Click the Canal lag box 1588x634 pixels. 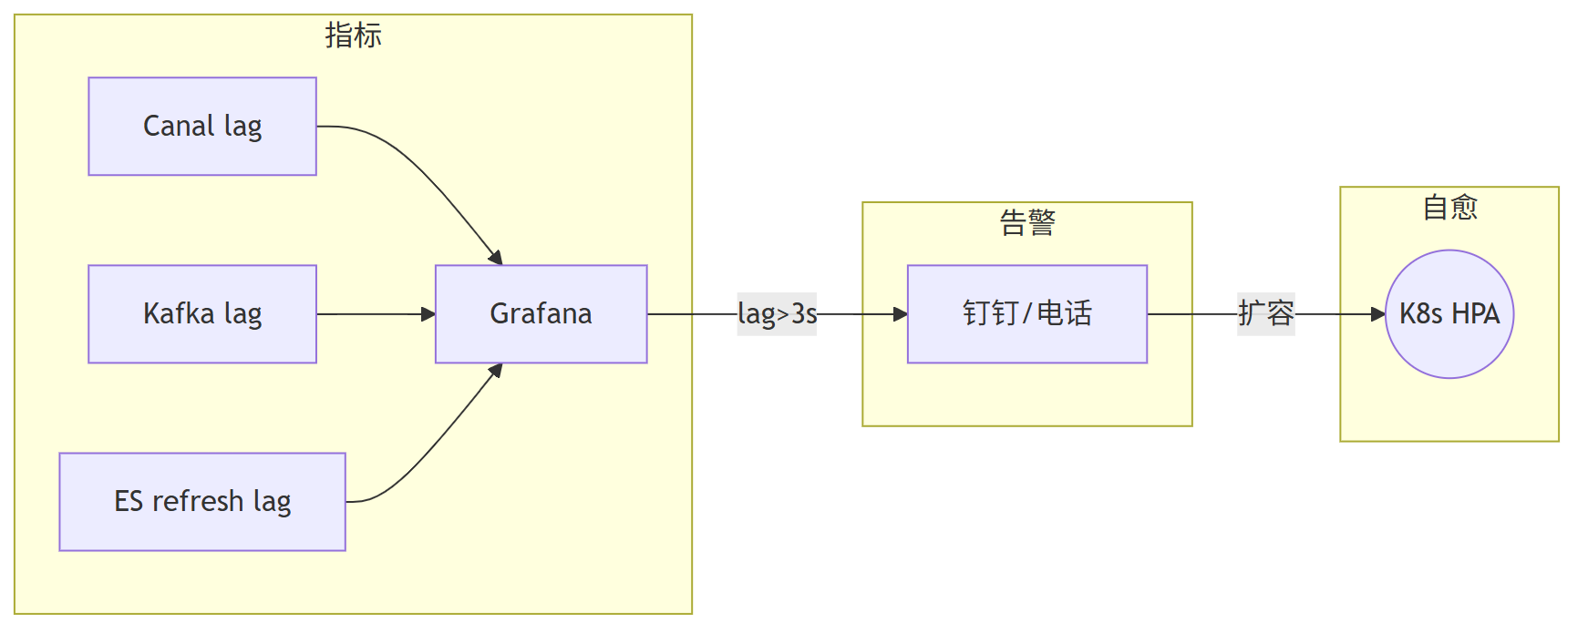click(x=202, y=127)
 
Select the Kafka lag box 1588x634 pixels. click(x=202, y=314)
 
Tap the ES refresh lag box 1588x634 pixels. click(x=202, y=502)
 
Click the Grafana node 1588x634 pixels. click(x=541, y=314)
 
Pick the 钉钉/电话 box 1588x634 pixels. click(x=1026, y=314)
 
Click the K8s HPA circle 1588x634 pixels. click(x=1449, y=314)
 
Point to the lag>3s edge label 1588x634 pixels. click(x=777, y=314)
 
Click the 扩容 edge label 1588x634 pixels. click(x=1265, y=314)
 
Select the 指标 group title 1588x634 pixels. click(x=353, y=36)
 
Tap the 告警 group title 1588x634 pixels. click(x=1026, y=222)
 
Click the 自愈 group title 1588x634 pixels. click(x=1449, y=208)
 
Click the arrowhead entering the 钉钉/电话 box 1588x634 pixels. click(x=900, y=314)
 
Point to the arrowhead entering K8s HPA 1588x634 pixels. click(x=1377, y=314)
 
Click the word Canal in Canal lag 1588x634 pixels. click(x=179, y=127)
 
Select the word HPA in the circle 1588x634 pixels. click(x=1475, y=314)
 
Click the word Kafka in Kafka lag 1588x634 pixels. click(x=179, y=314)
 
